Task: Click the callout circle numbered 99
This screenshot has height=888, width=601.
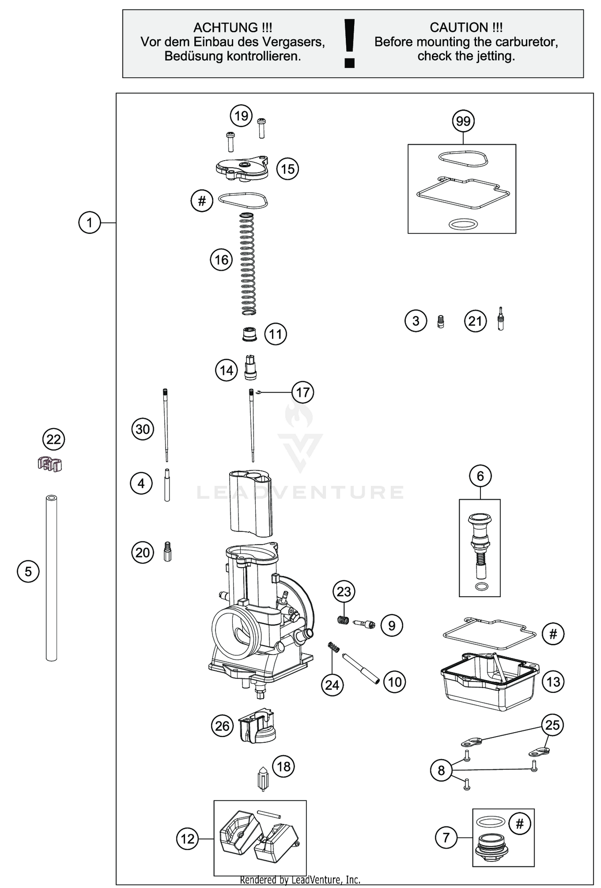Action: [x=463, y=121]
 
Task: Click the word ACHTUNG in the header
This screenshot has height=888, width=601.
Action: [x=226, y=28]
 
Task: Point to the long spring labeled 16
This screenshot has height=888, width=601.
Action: [x=248, y=264]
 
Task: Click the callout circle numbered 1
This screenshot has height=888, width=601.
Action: [x=89, y=222]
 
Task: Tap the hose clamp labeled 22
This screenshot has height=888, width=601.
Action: [x=50, y=464]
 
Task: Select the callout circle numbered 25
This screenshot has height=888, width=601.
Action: [x=552, y=725]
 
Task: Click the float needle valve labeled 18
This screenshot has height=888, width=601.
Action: [x=263, y=779]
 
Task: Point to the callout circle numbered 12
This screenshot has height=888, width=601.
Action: [x=188, y=839]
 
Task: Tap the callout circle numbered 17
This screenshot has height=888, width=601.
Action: [x=303, y=392]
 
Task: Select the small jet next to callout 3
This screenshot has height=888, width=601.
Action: [x=440, y=321]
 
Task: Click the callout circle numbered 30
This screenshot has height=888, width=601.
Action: [x=143, y=429]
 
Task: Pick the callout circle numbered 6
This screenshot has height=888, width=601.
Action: [x=480, y=476]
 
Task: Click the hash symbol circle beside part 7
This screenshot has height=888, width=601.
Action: [x=520, y=824]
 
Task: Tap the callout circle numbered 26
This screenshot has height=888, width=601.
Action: [x=222, y=726]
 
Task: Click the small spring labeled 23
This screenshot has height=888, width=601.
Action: [x=343, y=620]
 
